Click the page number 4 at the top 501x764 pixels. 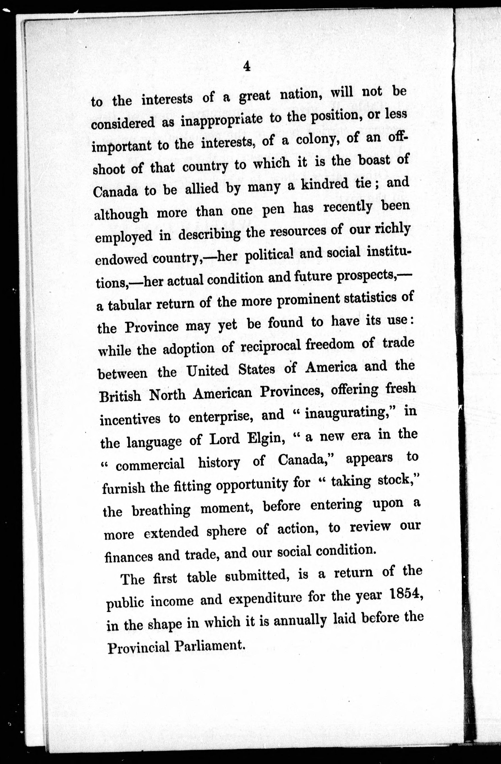point(247,66)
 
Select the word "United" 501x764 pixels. point(207,371)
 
